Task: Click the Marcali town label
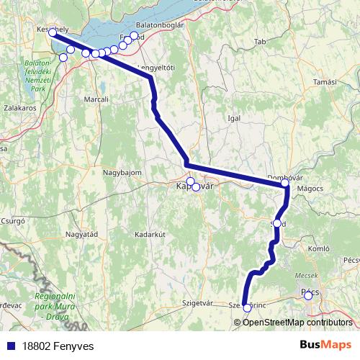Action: coord(96,99)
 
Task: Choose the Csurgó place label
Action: coord(14,221)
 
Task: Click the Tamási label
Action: coord(325,82)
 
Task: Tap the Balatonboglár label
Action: coord(165,24)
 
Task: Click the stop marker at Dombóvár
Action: coord(284,184)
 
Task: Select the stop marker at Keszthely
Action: coord(53,32)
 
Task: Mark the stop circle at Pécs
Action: coord(308,294)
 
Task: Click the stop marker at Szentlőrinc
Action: coord(247,307)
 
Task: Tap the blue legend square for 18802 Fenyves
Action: coord(7,346)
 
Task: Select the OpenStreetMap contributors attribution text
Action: coord(297,323)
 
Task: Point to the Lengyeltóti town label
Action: coord(156,67)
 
